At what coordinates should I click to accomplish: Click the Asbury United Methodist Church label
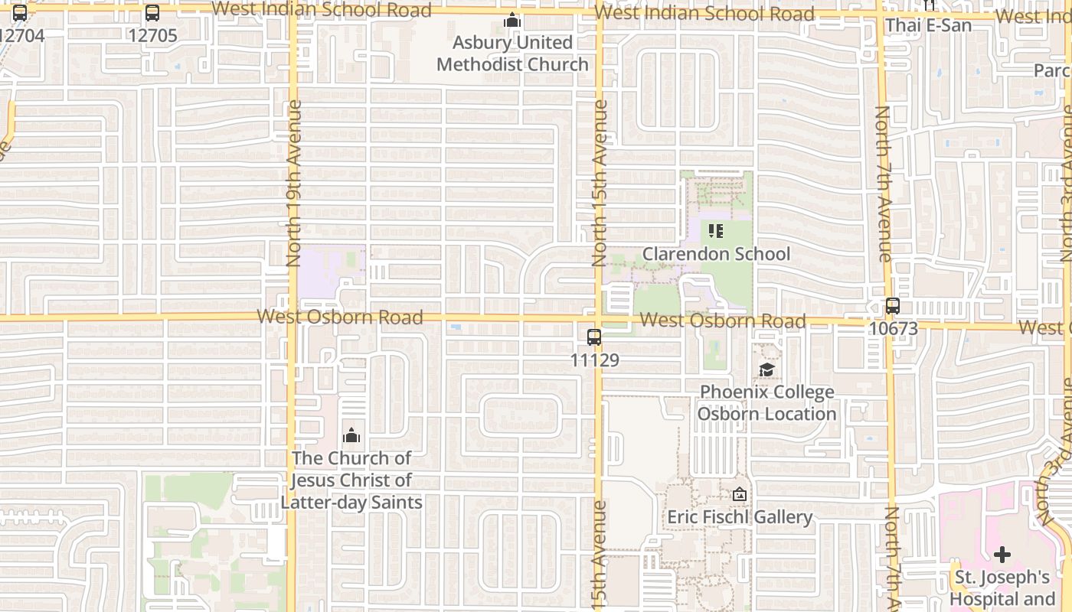pos(512,54)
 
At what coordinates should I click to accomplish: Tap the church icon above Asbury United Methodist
pos(512,21)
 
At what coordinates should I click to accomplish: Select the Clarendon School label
pos(716,254)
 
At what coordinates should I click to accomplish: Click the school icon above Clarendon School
pos(716,230)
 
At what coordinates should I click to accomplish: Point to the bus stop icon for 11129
pos(594,337)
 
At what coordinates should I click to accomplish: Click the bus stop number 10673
pos(893,328)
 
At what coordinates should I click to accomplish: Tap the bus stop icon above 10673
pos(893,306)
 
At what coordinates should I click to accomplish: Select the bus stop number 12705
pos(152,35)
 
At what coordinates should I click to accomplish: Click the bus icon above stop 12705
pos(152,13)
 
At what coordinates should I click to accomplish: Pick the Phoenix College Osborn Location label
pos(766,403)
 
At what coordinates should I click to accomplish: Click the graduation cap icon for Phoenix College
pos(766,370)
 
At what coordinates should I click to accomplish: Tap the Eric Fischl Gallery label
pos(740,517)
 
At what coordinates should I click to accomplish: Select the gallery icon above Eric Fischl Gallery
pos(740,495)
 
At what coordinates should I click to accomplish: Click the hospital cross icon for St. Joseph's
pos(1002,555)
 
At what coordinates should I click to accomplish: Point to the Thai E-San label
pos(928,25)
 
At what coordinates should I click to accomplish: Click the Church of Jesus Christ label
pos(351,480)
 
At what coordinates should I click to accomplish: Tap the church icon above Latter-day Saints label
pos(351,436)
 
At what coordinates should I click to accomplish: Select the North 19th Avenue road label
pos(294,184)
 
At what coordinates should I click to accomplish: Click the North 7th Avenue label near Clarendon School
pos(883,184)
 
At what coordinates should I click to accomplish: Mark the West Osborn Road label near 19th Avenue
pos(340,317)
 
